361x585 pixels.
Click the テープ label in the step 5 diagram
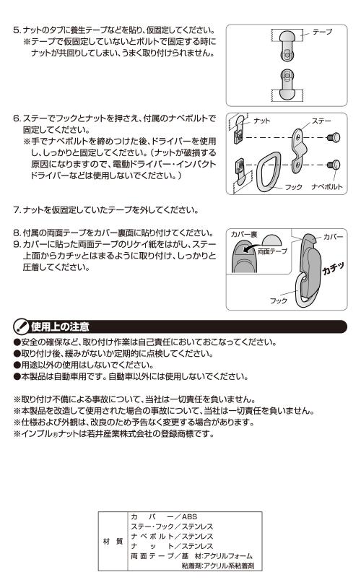[323, 32]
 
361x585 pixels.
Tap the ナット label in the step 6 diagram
[261, 121]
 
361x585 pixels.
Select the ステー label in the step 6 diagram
[321, 121]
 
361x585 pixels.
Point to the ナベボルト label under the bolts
[326, 186]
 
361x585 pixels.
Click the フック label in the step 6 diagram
[294, 186]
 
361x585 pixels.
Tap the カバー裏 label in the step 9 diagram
[243, 234]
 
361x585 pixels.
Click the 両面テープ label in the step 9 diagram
[273, 251]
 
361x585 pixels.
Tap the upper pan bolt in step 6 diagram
[334, 138]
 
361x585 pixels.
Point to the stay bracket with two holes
[298, 151]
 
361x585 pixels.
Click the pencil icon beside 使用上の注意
[21, 327]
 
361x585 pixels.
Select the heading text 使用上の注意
[61, 327]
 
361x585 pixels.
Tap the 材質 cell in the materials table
[113, 541]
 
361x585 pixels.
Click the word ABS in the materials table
[189, 516]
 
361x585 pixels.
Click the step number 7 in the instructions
[16, 210]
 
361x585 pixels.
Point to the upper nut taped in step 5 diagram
[287, 45]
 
